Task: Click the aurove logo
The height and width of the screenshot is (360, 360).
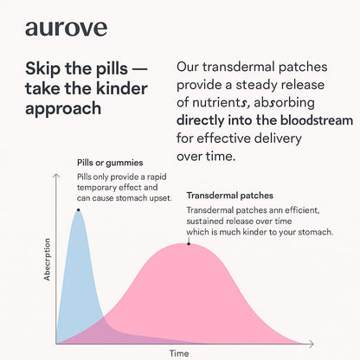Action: point(66,29)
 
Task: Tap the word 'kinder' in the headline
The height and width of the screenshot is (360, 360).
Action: point(122,88)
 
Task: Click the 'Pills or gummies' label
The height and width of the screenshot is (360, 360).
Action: point(110,163)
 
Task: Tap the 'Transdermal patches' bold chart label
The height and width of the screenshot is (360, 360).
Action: point(229,196)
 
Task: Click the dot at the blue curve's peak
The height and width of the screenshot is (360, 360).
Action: point(78,210)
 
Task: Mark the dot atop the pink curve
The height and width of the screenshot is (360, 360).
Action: point(189,244)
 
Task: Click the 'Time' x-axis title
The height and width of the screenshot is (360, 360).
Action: point(179,353)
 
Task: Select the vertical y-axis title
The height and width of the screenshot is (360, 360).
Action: point(47,260)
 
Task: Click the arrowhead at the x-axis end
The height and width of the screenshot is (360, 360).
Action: point(312,344)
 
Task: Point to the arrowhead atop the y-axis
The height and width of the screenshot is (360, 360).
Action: point(56,176)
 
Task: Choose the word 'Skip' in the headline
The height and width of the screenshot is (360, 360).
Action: point(43,69)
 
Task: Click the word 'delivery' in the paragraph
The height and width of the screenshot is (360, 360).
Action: point(278,138)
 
